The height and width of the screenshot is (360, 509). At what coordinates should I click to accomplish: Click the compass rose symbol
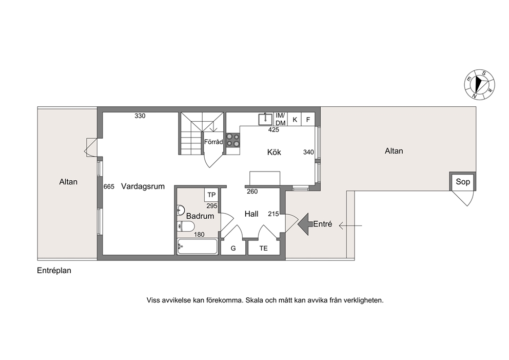click(x=479, y=84)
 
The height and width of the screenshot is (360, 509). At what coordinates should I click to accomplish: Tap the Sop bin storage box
click(x=463, y=182)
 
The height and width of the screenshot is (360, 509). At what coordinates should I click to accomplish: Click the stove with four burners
click(x=233, y=140)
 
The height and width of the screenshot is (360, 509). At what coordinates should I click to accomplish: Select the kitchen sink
click(x=265, y=119)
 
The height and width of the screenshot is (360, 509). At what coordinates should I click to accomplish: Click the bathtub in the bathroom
click(x=198, y=247)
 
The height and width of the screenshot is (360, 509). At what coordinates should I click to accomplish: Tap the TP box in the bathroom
click(x=211, y=195)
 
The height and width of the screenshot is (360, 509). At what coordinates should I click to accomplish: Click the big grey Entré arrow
click(x=305, y=224)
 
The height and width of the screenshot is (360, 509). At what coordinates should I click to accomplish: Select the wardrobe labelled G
click(x=233, y=248)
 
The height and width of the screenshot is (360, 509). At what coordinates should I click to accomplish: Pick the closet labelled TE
click(x=264, y=248)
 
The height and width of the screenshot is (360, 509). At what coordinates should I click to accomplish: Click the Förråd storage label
click(x=213, y=142)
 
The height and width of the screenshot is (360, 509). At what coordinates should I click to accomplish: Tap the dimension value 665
click(x=109, y=186)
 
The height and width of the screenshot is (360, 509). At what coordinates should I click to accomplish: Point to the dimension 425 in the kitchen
click(x=273, y=129)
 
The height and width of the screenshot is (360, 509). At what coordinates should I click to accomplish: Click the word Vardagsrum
click(x=143, y=186)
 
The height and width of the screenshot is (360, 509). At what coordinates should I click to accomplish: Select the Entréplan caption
click(x=54, y=270)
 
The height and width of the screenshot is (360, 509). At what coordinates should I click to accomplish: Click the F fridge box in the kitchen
click(x=308, y=119)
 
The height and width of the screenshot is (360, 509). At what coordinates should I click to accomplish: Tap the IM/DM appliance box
click(x=281, y=119)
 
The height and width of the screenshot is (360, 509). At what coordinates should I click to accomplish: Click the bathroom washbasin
click(x=181, y=210)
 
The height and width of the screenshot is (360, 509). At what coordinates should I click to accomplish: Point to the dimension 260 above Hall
click(x=252, y=192)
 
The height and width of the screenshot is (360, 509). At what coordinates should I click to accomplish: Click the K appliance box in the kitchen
click(x=295, y=119)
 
